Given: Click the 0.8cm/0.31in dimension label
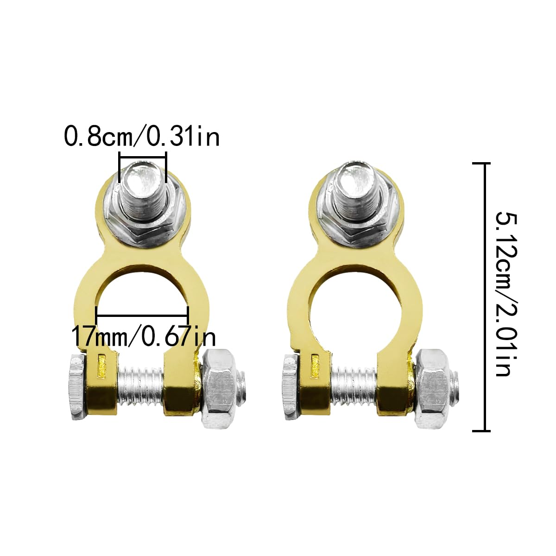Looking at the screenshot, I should click(x=141, y=137).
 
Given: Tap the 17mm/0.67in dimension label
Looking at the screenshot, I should click(x=144, y=336).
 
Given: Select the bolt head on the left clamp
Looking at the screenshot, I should click(x=77, y=387).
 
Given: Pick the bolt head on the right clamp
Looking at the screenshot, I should click(x=289, y=387).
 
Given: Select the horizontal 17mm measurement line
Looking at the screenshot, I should click(x=142, y=316).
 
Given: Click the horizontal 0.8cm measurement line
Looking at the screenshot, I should click(x=143, y=158).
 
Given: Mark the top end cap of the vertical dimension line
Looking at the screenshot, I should click(x=481, y=164).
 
